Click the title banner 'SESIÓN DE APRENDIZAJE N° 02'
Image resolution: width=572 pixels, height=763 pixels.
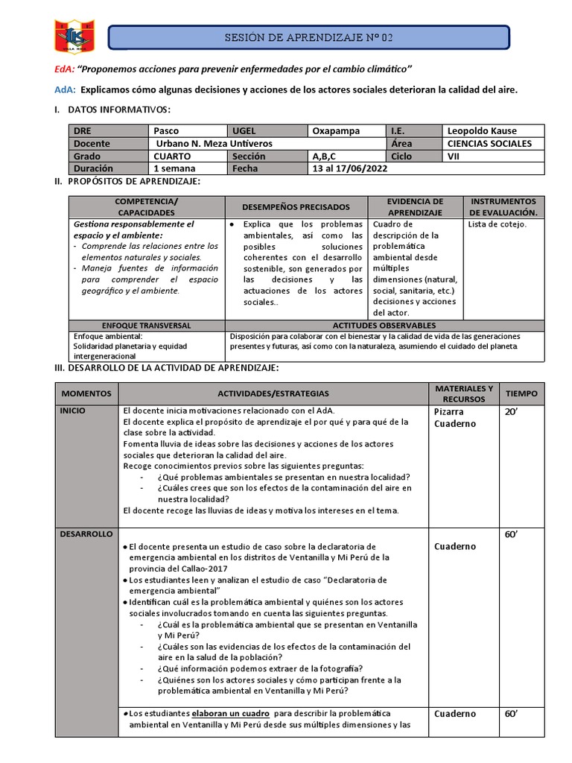pos(309,37)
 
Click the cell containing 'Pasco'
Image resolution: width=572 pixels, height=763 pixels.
pos(166,130)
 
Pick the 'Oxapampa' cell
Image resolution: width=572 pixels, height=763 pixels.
pos(335,130)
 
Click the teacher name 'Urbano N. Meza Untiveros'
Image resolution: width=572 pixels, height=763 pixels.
pos(214,143)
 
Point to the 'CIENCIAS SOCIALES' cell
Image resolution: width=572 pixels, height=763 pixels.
pos(489,143)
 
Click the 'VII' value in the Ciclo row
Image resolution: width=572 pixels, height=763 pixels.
pos(454,156)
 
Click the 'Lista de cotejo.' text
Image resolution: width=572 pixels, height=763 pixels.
pos(497,224)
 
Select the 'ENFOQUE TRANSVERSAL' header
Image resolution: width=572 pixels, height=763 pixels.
pos(147,325)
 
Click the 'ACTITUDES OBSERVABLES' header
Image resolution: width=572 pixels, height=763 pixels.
pos(384,325)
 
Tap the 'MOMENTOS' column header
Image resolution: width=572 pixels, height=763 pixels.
pos(86,393)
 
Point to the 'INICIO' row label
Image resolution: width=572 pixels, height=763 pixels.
pos(74,411)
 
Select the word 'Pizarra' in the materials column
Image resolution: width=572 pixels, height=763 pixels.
pos(450,411)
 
